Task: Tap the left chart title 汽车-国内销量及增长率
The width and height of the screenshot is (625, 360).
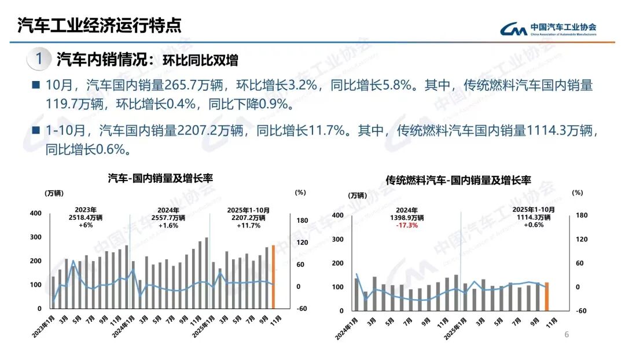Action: coord(160,179)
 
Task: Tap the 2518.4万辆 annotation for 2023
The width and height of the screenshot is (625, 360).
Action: coord(86,218)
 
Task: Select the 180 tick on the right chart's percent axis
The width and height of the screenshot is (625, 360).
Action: coord(582,215)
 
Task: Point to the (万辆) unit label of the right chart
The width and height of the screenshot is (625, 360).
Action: coord(358,194)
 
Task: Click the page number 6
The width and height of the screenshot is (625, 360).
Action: coord(567,335)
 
